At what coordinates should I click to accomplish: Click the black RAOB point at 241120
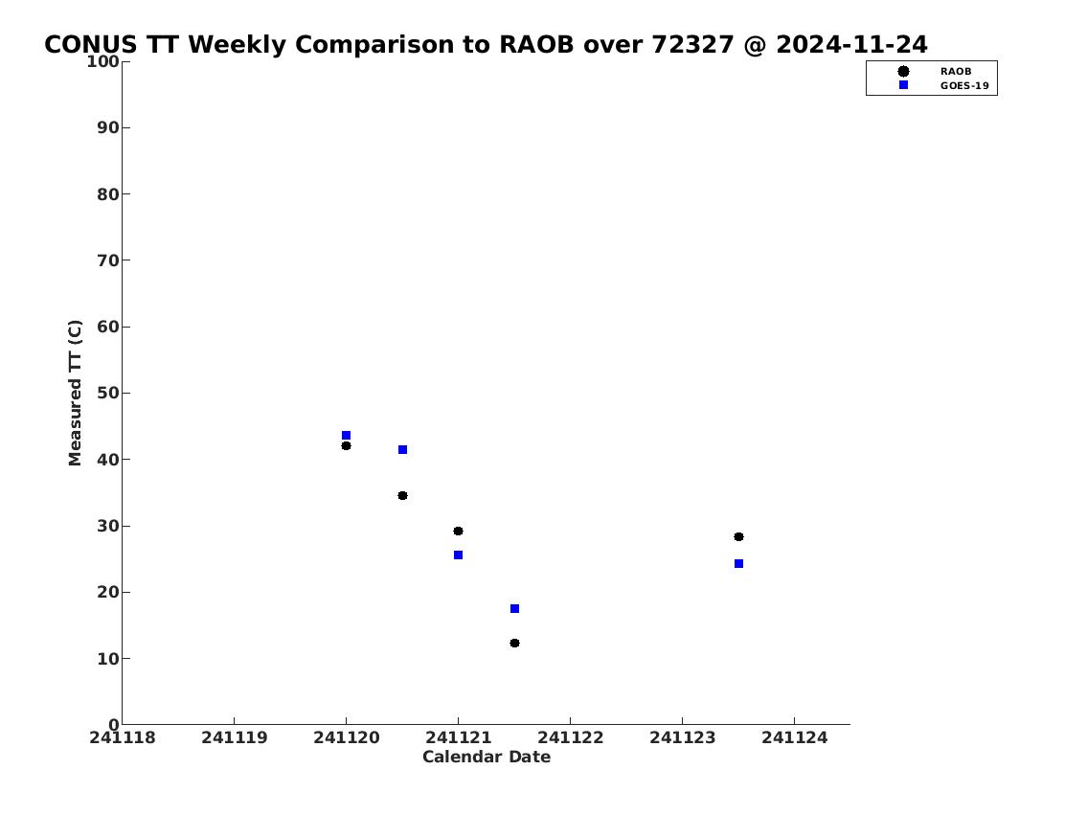(x=346, y=445)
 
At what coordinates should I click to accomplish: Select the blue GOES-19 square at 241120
(x=346, y=435)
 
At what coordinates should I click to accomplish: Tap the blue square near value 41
(x=403, y=450)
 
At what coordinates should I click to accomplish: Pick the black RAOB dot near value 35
(x=403, y=495)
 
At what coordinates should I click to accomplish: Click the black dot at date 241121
(x=458, y=531)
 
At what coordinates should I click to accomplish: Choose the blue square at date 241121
(x=458, y=555)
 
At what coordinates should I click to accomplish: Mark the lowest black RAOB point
(x=514, y=644)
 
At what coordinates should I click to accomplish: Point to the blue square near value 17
(x=514, y=608)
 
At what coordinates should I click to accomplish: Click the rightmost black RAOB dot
(x=739, y=536)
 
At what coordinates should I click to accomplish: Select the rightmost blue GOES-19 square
(x=739, y=563)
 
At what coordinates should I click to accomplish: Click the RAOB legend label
(x=956, y=72)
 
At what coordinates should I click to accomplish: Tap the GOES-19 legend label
(x=964, y=86)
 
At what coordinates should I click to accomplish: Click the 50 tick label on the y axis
(x=108, y=393)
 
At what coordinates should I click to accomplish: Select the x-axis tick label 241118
(x=123, y=737)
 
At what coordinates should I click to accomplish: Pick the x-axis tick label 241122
(x=571, y=737)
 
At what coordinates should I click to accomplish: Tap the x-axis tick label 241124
(x=795, y=737)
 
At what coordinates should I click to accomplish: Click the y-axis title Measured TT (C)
(x=75, y=393)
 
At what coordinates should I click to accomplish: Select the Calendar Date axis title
(x=487, y=757)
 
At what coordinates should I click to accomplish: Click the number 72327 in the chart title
(x=692, y=44)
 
